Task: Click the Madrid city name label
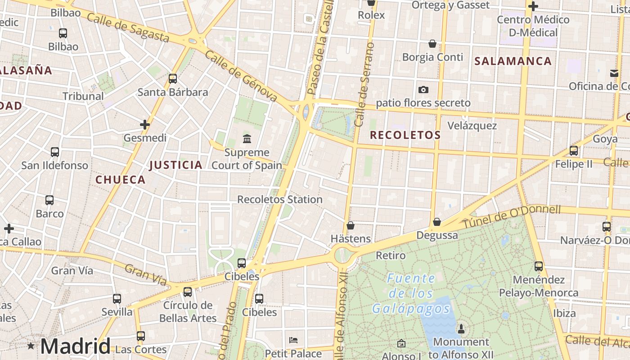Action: click(75, 346)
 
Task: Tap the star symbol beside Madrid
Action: click(31, 346)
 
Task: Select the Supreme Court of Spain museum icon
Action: click(247, 139)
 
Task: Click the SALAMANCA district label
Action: click(513, 61)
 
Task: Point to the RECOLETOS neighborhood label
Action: click(405, 135)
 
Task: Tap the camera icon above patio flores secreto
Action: click(423, 90)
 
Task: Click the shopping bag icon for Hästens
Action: click(351, 225)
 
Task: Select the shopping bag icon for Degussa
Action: click(436, 222)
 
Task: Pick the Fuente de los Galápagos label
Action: click(411, 293)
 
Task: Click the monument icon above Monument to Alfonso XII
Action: click(460, 329)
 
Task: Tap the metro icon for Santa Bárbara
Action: click(173, 79)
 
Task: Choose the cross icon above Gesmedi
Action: click(145, 124)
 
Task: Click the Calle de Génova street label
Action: click(241, 75)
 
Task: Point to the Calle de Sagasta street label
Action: click(128, 27)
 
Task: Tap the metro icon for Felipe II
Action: click(574, 150)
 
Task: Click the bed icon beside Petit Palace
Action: click(293, 340)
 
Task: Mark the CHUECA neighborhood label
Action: click(120, 180)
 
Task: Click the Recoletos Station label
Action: click(279, 199)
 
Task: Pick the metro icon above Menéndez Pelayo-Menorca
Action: click(539, 266)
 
